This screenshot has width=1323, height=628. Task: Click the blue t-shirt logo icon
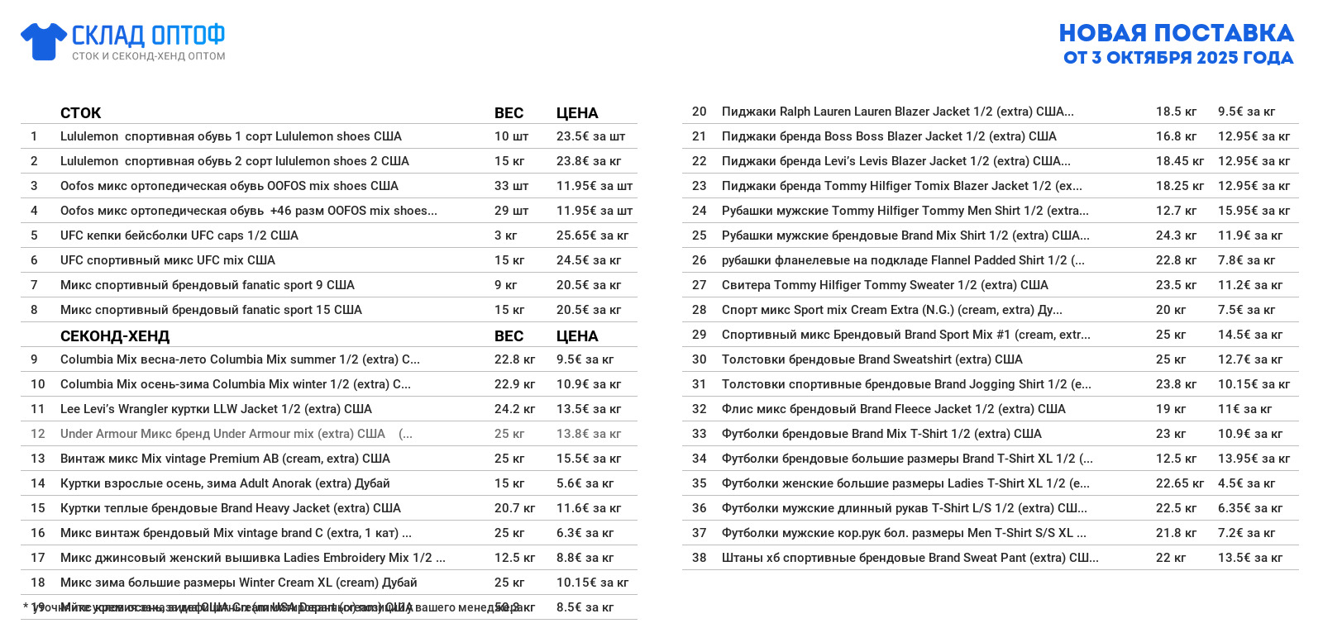44,41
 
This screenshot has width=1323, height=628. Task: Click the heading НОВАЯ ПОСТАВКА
1176,33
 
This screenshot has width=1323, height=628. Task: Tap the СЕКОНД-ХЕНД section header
115,336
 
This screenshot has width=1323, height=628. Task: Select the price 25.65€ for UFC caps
592,235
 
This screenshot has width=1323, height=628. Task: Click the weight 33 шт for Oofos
511,186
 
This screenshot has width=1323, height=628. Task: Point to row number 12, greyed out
38,434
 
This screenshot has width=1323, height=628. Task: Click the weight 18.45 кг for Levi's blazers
1179,161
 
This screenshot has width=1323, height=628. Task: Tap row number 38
700,558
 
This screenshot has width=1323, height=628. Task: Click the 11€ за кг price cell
1244,409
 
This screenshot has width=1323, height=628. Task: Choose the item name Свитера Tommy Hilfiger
885,285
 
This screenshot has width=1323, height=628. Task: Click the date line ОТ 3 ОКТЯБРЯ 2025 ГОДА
1178,58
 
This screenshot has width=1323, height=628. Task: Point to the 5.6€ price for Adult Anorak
585,483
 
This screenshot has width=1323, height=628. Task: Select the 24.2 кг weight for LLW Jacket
514,409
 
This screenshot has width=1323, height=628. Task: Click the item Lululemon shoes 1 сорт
231,136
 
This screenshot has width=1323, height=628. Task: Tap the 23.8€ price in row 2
589,161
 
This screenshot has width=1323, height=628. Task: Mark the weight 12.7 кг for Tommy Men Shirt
1176,211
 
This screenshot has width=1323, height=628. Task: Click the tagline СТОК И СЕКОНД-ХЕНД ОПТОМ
148,56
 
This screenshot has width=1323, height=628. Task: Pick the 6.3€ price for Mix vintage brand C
585,533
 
